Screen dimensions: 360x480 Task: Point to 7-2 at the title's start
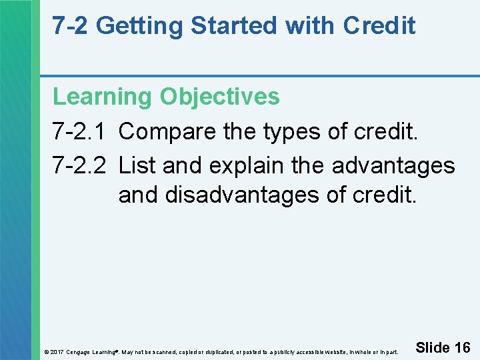(71, 26)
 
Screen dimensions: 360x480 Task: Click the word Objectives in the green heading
(219, 97)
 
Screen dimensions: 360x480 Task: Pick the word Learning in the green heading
(103, 97)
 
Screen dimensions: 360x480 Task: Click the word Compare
(167, 131)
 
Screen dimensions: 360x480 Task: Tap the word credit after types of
(386, 131)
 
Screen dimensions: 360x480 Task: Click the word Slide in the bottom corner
(432, 347)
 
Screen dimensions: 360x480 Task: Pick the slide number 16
(462, 347)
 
